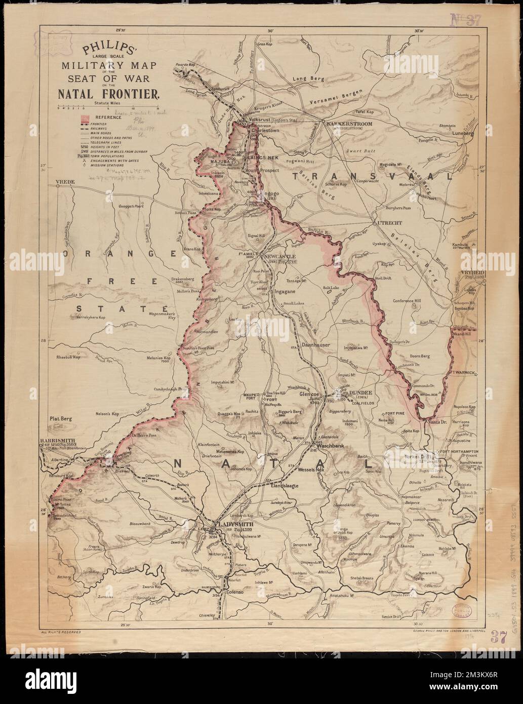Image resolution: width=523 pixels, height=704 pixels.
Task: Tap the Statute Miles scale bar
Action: click(x=108, y=108)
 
